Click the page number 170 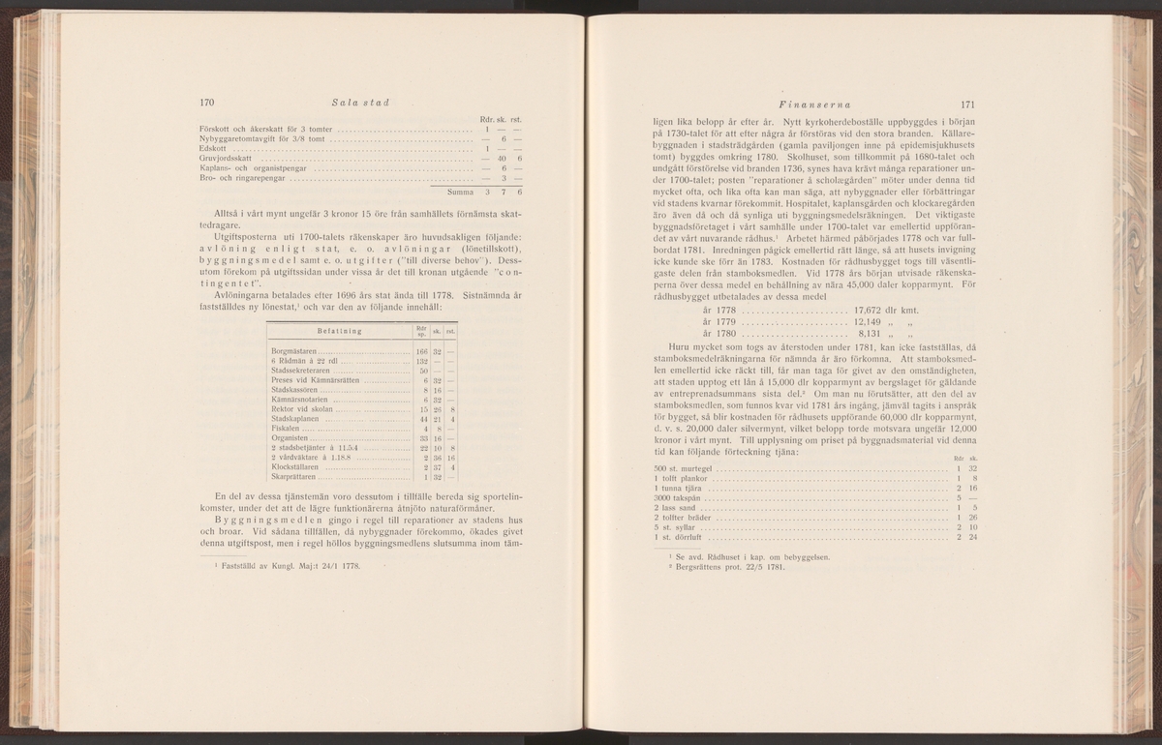click(x=205, y=104)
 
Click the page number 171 click(x=966, y=104)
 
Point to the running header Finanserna click(x=792, y=104)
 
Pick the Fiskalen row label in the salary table click(x=287, y=428)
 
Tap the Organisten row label click(x=290, y=438)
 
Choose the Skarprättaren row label click(x=294, y=477)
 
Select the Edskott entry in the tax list click(x=210, y=148)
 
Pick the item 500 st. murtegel click(x=683, y=468)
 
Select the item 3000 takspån click(x=677, y=497)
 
